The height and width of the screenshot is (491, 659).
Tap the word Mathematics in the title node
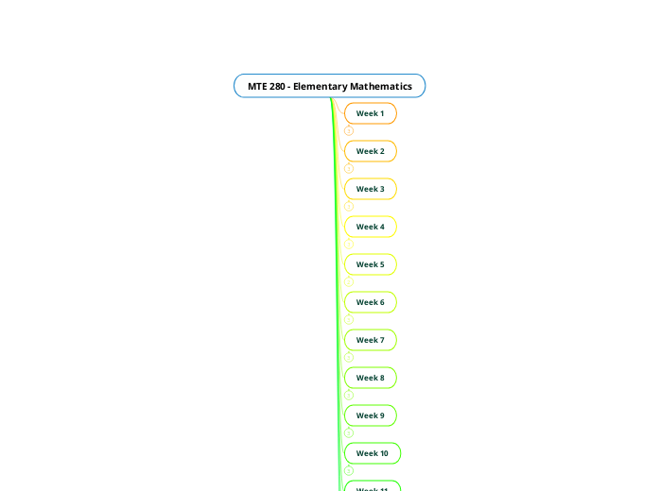pos(382,87)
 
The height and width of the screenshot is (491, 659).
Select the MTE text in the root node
pos(257,87)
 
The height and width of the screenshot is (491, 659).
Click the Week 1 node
pos(370,113)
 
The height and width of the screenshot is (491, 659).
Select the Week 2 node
pos(370,151)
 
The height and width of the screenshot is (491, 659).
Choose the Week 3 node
pos(370,189)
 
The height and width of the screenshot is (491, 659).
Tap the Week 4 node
pos(370,227)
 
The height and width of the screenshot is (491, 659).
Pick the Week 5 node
pos(370,264)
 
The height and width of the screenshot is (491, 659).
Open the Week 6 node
pos(370,302)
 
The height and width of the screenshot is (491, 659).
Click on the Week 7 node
pos(370,340)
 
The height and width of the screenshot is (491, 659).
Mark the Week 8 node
pos(370,378)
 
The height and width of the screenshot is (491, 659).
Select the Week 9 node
pos(370,415)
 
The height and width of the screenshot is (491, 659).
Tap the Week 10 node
pos(372,453)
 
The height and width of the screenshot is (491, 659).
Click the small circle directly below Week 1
pos(349,131)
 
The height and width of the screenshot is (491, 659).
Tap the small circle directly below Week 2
pos(349,169)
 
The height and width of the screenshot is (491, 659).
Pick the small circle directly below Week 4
pos(349,245)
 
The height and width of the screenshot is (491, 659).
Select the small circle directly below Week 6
pos(349,320)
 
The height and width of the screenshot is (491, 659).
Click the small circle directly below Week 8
pos(349,396)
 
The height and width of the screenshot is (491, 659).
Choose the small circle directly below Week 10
pos(349,471)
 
